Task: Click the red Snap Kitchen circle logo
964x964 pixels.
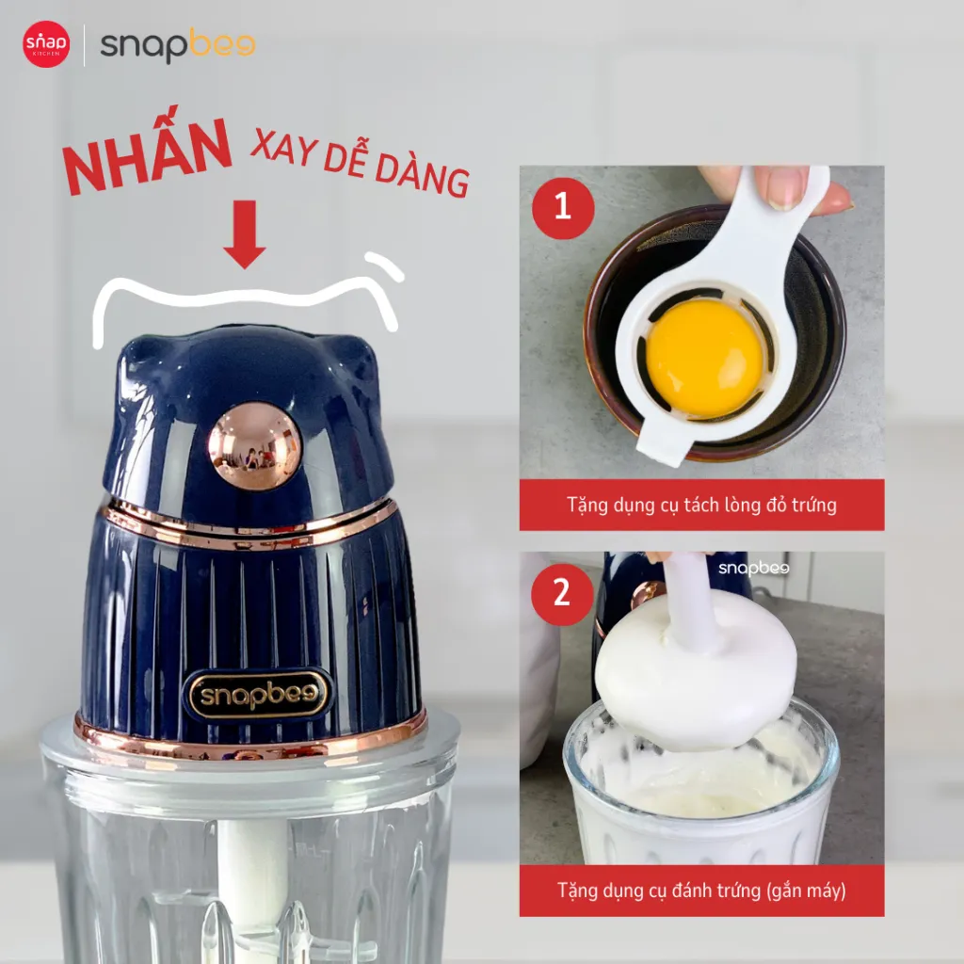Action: (46, 44)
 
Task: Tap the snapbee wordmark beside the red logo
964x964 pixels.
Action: (178, 45)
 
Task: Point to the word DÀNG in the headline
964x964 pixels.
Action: (423, 175)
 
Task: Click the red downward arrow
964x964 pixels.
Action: (245, 234)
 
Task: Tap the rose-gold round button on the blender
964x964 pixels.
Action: (254, 446)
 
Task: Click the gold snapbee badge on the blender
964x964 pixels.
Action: (259, 695)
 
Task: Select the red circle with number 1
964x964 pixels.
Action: (563, 208)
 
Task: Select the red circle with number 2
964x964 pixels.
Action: (563, 594)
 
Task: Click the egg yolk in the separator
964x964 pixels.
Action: (704, 358)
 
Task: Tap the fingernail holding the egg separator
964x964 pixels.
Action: (785, 187)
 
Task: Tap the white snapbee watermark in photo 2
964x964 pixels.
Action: (754, 568)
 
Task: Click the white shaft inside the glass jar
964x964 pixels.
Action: (253, 873)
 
